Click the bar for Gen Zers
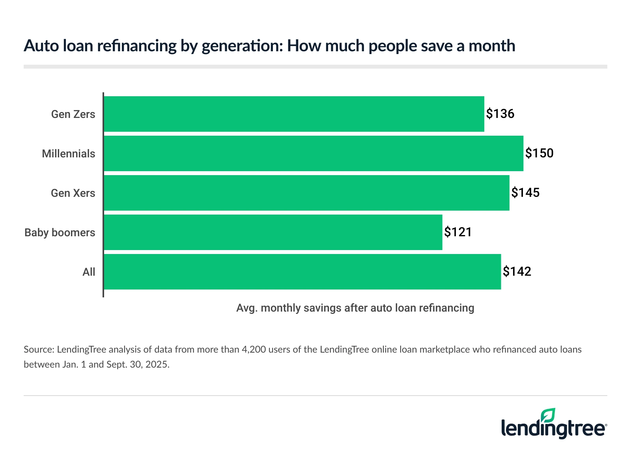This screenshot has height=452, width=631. (294, 114)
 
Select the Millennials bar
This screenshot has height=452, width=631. (314, 153)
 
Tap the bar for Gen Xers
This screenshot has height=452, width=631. (306, 193)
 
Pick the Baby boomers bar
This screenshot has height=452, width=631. (273, 232)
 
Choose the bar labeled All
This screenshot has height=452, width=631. (302, 272)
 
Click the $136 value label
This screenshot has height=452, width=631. (500, 114)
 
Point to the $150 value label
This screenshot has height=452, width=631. (539, 153)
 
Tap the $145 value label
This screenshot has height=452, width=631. (525, 193)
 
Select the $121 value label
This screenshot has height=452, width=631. (458, 232)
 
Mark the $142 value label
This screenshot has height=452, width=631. (517, 272)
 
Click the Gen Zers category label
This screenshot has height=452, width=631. (73, 114)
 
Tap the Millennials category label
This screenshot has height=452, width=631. (69, 154)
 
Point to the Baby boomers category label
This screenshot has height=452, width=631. (60, 233)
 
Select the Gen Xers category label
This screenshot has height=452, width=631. (73, 193)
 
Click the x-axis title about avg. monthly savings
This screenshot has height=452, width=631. (355, 308)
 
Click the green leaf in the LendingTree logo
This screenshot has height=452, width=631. (548, 416)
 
